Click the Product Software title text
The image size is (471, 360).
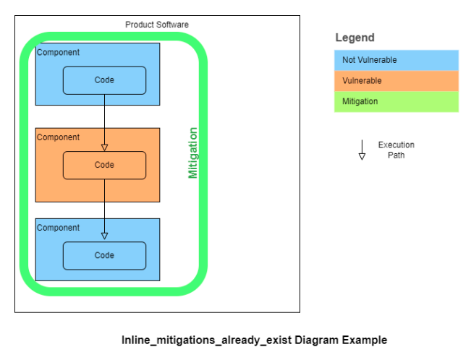tap(157, 25)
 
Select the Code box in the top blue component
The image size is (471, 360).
tap(104, 80)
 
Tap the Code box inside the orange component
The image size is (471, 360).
tap(104, 166)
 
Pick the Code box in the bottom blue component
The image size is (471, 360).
tap(104, 256)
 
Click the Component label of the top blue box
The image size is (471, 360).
tap(58, 53)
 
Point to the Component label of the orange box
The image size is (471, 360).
tap(58, 137)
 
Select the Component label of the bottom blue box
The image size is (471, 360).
tap(58, 228)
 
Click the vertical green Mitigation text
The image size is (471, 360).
tap(193, 153)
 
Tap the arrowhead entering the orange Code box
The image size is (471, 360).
tap(104, 147)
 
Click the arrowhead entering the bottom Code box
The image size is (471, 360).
tap(104, 236)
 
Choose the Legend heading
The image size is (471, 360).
tap(355, 38)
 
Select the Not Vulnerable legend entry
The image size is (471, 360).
tap(396, 60)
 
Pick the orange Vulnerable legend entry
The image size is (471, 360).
tap(396, 81)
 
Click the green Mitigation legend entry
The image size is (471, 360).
tap(396, 102)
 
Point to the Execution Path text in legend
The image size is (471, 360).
tap(396, 150)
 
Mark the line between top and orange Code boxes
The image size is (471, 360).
tap(104, 119)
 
